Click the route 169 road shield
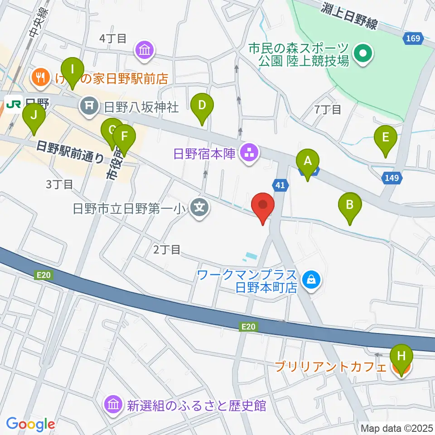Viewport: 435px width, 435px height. pos(413,39)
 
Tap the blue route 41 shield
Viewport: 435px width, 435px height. pos(280,184)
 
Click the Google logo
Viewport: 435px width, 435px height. pos(30,424)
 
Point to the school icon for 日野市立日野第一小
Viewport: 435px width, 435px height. pos(200,208)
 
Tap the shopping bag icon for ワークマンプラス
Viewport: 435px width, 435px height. pos(312,280)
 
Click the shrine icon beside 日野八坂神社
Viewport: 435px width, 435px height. pos(88,107)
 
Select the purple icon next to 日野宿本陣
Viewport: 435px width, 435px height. pos(249,153)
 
